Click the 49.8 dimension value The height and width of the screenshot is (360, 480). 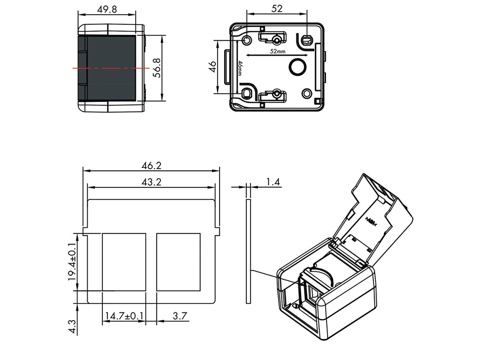coord(107,9)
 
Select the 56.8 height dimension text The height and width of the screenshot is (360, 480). coord(157,67)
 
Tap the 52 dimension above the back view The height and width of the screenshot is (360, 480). coord(276,8)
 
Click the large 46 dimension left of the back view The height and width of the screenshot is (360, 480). coord(212,66)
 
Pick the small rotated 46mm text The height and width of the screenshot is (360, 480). coord(240,67)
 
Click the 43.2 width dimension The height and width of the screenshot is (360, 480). coord(151,182)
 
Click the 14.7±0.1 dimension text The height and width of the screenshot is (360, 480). coord(124,316)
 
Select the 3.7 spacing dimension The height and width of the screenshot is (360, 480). coord(179,316)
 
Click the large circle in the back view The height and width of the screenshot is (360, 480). coord(297,67)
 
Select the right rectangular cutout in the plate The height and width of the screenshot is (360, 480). coord(178,262)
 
